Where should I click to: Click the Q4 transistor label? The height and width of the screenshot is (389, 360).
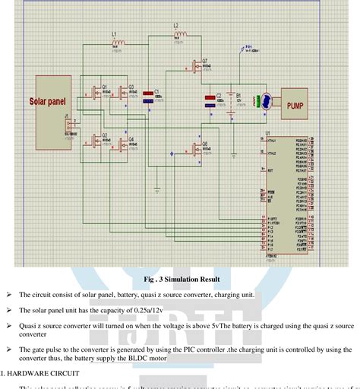pyautogui.click(x=131, y=139)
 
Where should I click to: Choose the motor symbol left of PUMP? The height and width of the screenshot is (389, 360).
pyautogui.click(x=267, y=102)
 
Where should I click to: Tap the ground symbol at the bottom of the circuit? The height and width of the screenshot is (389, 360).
pyautogui.click(x=157, y=187)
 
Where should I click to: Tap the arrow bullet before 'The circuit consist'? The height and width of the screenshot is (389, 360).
pyautogui.click(x=8, y=295)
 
